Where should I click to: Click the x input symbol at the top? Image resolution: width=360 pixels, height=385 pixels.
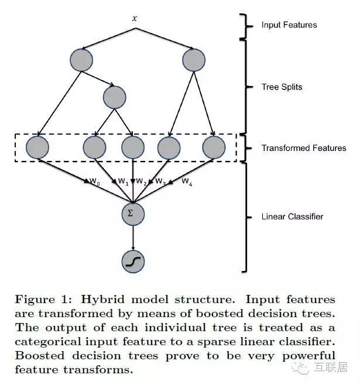pyautogui.click(x=134, y=19)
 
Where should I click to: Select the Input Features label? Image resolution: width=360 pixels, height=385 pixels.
pyautogui.click(x=289, y=25)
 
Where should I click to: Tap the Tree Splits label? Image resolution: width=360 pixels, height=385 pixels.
pyautogui.click(x=281, y=87)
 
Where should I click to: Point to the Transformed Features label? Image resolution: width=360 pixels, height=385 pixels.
pyautogui.click(x=304, y=148)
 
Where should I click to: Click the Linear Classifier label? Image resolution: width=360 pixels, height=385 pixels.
pyautogui.click(x=292, y=216)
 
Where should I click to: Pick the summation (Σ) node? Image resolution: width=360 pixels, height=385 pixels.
pyautogui.click(x=133, y=214)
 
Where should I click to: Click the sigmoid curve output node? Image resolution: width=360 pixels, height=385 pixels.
pyautogui.click(x=133, y=262)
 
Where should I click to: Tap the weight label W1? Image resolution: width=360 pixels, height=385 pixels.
pyautogui.click(x=123, y=182)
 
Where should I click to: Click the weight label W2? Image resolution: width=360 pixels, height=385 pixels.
pyautogui.click(x=141, y=182)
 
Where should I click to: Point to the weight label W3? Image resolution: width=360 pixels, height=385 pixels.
pyautogui.click(x=160, y=182)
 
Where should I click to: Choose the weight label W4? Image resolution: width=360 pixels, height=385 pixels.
pyautogui.click(x=187, y=182)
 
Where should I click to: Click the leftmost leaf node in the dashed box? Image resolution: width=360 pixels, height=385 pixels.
pyautogui.click(x=37, y=147)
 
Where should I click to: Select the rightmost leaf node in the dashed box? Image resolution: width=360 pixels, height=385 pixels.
pyautogui.click(x=213, y=147)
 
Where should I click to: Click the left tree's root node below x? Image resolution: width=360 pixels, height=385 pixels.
pyautogui.click(x=81, y=60)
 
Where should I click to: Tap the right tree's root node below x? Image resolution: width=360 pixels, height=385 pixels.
pyautogui.click(x=194, y=60)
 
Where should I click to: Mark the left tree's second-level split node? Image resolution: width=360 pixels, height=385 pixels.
pyautogui.click(x=115, y=98)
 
